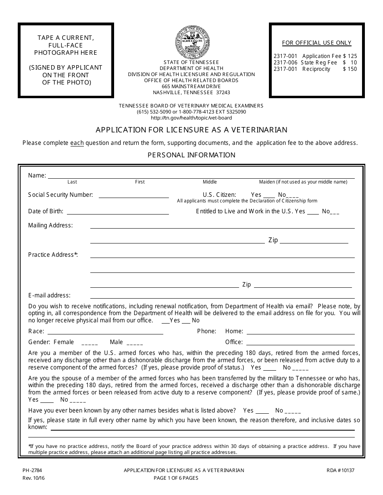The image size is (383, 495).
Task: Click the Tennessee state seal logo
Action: click(192, 42)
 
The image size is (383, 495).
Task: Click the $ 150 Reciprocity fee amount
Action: click(350, 69)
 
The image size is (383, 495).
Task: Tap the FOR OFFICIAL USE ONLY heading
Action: click(316, 43)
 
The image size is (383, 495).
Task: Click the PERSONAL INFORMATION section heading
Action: click(191, 155)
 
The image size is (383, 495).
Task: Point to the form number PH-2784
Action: click(35, 470)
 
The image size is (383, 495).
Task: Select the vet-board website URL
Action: click(191, 118)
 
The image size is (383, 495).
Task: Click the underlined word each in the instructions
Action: click(77, 142)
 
